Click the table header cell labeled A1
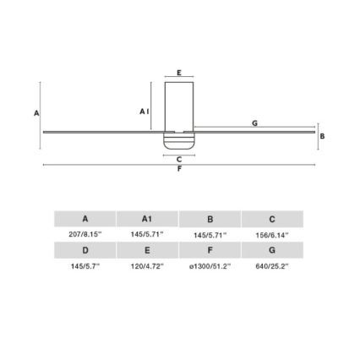point(147,219)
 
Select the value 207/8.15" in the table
point(85,234)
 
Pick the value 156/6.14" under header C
point(271,234)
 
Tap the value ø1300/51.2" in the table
point(210,265)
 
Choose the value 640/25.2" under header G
point(271,265)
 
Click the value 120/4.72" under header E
point(147,265)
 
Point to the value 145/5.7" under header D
point(85,265)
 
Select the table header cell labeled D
point(85,250)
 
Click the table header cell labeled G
point(271,250)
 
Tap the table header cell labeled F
point(210,250)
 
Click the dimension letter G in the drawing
point(254,123)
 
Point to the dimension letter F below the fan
point(179,168)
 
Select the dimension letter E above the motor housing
point(179,74)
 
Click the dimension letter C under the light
point(179,158)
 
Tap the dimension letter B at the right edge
point(323,135)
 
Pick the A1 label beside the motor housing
point(145,111)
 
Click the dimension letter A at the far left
point(36,112)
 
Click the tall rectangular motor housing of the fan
point(179,106)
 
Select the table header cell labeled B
point(210,219)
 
